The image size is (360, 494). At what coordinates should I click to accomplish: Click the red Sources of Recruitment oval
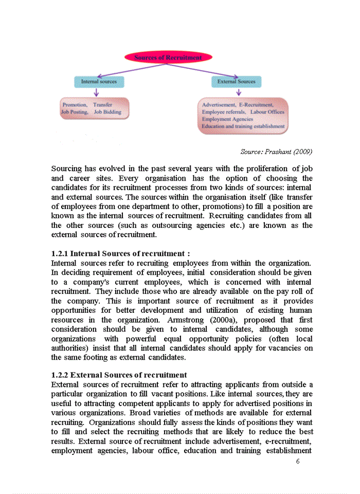(168, 58)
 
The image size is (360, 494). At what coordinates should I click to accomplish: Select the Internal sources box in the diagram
(99, 81)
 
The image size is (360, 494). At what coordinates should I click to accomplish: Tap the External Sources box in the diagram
(236, 81)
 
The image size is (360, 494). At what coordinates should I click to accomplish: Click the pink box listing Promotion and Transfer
(95, 108)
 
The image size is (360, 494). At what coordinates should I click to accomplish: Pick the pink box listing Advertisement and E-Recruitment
(243, 115)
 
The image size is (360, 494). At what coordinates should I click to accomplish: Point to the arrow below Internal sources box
(96, 92)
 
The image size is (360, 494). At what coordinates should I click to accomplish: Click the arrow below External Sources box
(239, 92)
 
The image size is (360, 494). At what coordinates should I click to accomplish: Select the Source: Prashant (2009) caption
(276, 152)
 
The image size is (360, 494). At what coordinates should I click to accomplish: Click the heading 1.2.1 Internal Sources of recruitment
(121, 254)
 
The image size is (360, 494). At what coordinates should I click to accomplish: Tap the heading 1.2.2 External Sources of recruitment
(119, 375)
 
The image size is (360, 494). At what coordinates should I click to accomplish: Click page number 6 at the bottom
(298, 461)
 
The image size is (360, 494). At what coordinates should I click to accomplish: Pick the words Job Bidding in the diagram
(107, 112)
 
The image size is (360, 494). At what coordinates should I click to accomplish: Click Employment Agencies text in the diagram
(227, 119)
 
